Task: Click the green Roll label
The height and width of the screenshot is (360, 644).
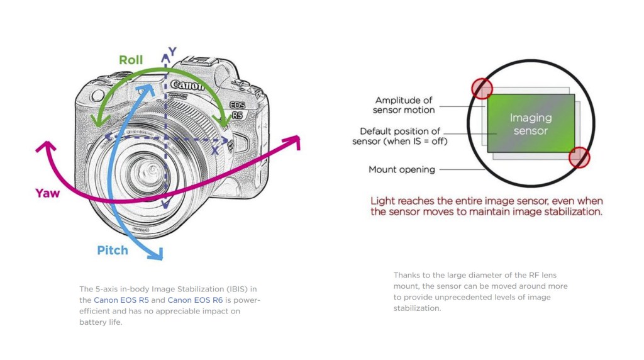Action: (131, 60)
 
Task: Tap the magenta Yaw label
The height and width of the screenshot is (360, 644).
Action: (48, 193)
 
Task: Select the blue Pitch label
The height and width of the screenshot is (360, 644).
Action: (113, 250)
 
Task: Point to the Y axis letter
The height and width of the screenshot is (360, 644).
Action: (172, 50)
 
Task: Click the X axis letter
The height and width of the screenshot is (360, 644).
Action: (215, 150)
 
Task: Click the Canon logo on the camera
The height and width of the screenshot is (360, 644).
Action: (187, 84)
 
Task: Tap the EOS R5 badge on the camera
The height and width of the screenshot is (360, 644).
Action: (236, 110)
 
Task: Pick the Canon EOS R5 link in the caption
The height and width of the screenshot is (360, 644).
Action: (121, 300)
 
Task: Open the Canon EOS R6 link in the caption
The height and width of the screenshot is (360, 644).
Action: (195, 300)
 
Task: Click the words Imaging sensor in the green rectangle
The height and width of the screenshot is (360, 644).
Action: (530, 124)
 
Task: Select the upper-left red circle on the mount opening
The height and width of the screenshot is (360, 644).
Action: (482, 88)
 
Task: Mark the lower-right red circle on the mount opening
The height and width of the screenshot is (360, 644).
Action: (579, 157)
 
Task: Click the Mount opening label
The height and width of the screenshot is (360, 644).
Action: (401, 169)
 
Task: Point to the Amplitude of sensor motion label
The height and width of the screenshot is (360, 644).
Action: (404, 105)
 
